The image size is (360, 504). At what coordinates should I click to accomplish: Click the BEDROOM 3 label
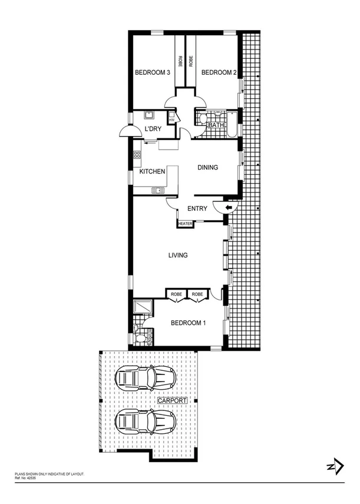[153, 73]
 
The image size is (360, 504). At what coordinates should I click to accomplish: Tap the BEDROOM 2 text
[219, 73]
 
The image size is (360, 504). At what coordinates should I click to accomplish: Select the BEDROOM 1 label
[189, 323]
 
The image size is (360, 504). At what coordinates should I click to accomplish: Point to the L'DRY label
[154, 130]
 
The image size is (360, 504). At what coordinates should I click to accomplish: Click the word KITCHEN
[152, 171]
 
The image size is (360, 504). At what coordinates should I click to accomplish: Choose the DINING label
[207, 168]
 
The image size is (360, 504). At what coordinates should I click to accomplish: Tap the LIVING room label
[178, 256]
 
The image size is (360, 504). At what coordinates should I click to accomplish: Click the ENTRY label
[196, 209]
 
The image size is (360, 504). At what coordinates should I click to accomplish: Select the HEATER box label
[186, 224]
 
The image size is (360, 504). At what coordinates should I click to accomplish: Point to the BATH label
[216, 125]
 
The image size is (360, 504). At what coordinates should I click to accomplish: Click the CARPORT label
[172, 400]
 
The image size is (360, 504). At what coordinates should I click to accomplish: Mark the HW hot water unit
[171, 120]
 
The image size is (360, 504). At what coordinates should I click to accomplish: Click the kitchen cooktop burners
[137, 156]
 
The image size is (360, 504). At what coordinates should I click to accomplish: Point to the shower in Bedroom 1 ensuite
[143, 307]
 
